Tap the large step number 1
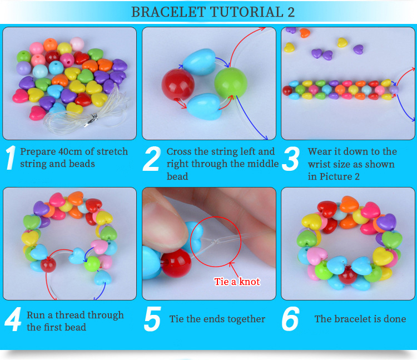(x=11, y=158)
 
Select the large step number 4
(x=13, y=319)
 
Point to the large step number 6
(x=290, y=319)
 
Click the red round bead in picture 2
(x=178, y=85)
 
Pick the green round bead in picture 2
(x=231, y=82)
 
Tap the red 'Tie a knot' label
(x=237, y=282)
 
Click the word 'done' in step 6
(x=395, y=319)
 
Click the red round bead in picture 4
(x=48, y=265)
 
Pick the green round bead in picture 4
(x=92, y=263)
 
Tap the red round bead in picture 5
(x=176, y=263)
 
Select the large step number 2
(x=152, y=159)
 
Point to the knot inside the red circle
(x=215, y=241)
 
